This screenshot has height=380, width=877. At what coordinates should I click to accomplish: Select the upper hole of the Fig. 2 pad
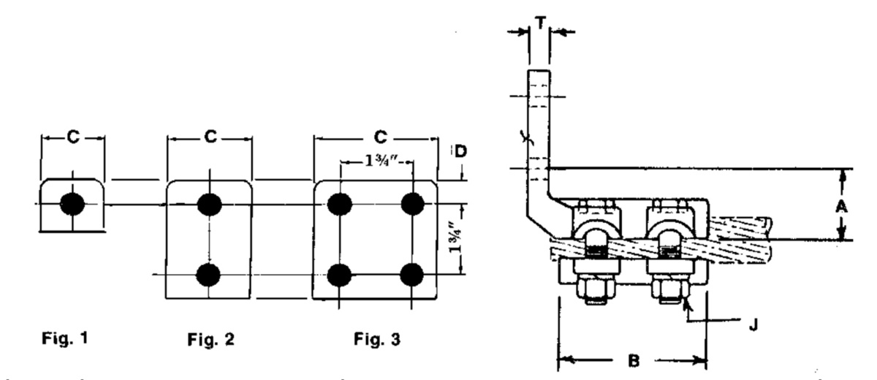(x=210, y=204)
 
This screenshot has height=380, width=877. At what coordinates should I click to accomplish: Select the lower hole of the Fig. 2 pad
(x=210, y=275)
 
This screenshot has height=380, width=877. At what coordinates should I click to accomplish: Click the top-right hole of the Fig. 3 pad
(x=414, y=204)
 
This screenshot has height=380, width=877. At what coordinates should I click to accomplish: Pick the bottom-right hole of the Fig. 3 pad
(x=414, y=275)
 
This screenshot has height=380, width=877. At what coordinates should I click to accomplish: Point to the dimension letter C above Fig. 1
(x=72, y=137)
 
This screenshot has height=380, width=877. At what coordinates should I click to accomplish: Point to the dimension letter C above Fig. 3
(x=376, y=137)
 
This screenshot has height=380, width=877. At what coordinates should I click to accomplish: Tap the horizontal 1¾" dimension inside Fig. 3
(x=376, y=162)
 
